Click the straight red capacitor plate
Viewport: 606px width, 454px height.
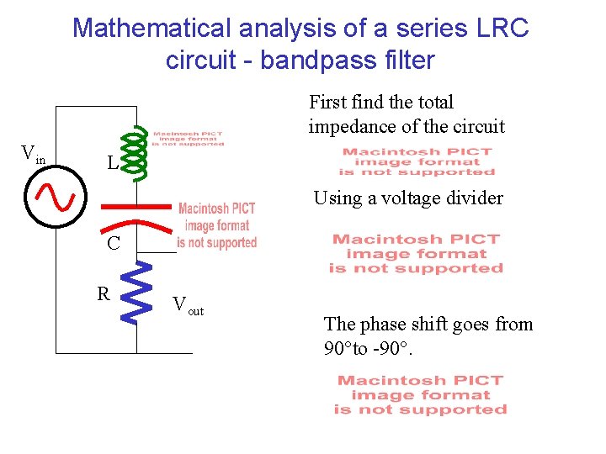tap(136, 204)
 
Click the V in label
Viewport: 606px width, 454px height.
tap(33, 154)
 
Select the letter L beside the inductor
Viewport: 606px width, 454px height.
tap(112, 162)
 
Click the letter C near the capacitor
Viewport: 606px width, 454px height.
tap(113, 244)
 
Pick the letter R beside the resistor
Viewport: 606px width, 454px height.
tap(104, 294)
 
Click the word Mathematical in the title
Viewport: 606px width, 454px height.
tap(151, 28)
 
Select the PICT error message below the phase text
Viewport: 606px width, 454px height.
tap(420, 395)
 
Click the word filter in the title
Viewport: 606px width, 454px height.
tap(407, 61)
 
